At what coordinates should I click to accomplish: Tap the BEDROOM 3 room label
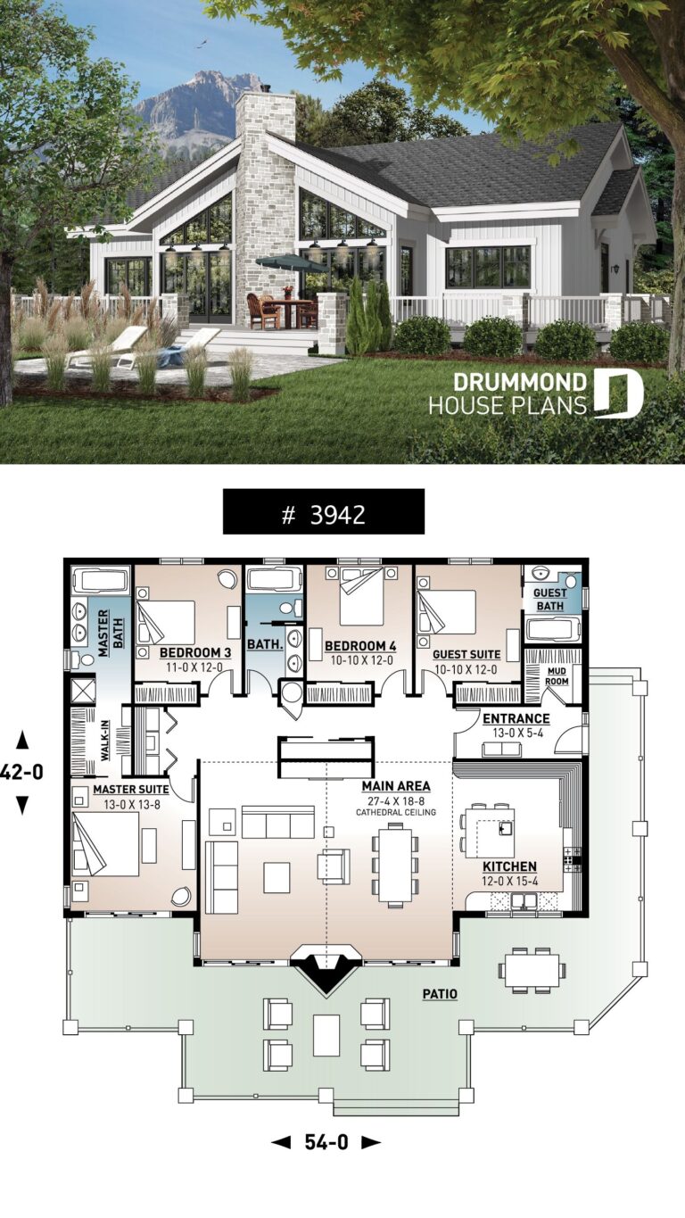(x=195, y=653)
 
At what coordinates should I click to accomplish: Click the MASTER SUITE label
(x=127, y=789)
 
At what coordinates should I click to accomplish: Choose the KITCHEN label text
(x=509, y=866)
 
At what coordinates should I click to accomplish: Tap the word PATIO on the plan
(x=441, y=993)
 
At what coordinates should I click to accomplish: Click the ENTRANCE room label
(x=516, y=718)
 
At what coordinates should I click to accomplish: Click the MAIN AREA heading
(x=396, y=786)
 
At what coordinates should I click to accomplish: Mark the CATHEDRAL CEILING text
(x=396, y=813)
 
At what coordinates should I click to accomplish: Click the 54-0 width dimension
(x=326, y=1140)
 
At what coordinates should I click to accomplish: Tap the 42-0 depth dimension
(x=21, y=772)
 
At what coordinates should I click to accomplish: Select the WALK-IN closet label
(x=105, y=740)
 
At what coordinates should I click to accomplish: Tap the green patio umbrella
(x=291, y=262)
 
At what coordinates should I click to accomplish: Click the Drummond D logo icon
(x=619, y=394)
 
